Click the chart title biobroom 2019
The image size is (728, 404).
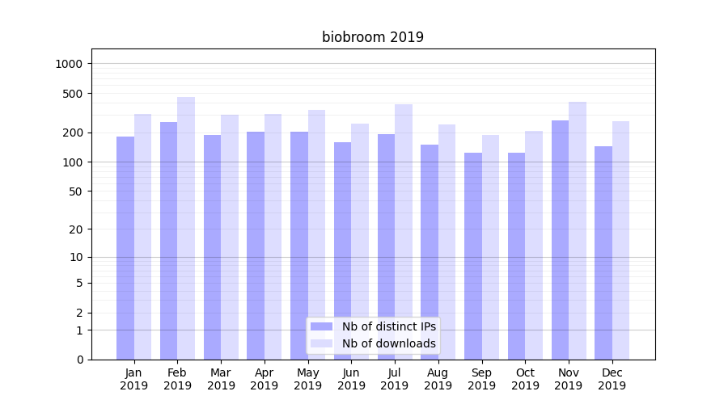[373, 37]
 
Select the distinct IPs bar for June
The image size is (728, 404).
[343, 250]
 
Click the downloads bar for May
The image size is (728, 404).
[316, 234]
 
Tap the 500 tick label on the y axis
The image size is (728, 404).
[74, 94]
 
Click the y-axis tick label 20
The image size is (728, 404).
[77, 229]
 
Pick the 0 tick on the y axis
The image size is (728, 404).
[80, 360]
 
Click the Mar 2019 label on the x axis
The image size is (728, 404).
[221, 379]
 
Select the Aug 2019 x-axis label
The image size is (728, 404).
[438, 379]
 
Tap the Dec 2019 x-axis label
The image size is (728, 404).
[612, 379]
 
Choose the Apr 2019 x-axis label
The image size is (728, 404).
[265, 379]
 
